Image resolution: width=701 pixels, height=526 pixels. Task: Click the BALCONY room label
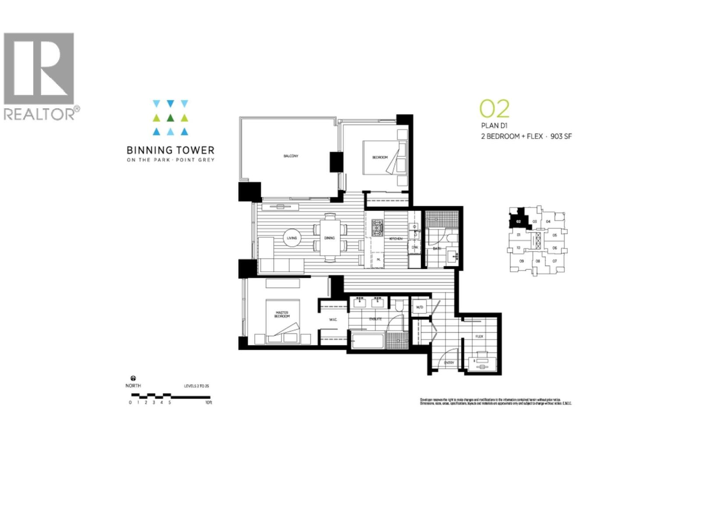coord(290,156)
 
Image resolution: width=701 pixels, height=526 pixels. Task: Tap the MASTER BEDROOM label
coord(282,314)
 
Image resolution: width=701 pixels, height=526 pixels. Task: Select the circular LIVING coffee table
coord(292,238)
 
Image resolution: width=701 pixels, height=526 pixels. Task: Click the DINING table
coord(329,238)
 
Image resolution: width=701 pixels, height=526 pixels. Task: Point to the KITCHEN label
coord(396,238)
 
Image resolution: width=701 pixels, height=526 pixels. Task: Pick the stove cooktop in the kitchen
coord(377,228)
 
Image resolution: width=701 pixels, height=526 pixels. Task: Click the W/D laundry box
coord(419,307)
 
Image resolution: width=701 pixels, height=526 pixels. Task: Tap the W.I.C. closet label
coord(333,320)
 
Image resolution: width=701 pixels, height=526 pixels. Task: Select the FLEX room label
coord(479,337)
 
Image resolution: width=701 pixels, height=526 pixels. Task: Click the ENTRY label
coord(449,363)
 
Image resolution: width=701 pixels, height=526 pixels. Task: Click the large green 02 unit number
coord(494,109)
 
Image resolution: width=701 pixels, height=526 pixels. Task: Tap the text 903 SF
coord(561,136)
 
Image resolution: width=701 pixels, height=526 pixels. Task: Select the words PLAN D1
coord(494,126)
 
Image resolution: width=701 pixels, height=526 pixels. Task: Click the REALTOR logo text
coord(39,114)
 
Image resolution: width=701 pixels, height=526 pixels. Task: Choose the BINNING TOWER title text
coord(170,150)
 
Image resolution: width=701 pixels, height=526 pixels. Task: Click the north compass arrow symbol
coord(133,378)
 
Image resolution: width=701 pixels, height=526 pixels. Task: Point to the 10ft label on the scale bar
coord(209,402)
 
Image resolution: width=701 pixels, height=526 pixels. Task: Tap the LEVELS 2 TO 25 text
coord(196,386)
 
